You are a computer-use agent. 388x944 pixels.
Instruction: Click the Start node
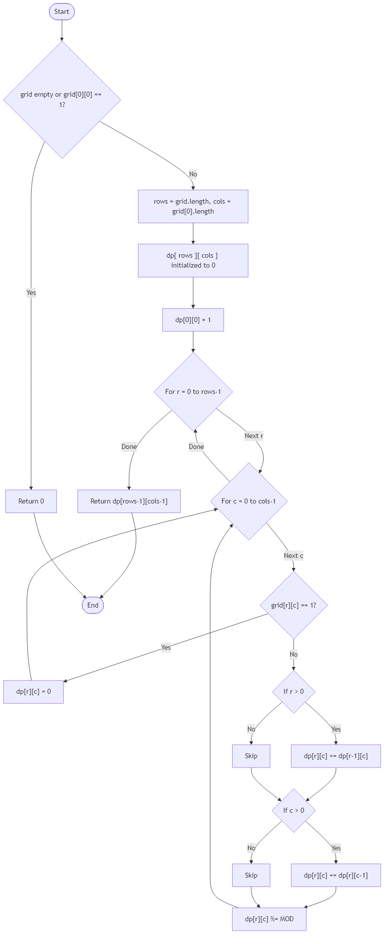coord(62,11)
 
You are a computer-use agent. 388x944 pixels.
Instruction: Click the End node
coord(93,605)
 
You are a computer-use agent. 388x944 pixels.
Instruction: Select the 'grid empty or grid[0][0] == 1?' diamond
coord(62,100)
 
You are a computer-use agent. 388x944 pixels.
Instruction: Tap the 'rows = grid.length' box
coord(193,206)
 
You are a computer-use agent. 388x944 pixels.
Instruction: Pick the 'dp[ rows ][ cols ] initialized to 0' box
coord(193,260)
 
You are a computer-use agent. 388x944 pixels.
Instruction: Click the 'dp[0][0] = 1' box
coord(193,320)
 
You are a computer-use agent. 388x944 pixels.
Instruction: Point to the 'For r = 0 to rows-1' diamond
coord(193,391)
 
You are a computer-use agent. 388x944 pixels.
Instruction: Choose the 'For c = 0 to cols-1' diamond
coord(248,501)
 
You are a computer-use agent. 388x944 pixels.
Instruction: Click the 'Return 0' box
coord(31,501)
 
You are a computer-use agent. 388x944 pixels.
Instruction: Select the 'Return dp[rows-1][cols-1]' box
coord(129,501)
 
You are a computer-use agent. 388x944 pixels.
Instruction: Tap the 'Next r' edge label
coord(253,436)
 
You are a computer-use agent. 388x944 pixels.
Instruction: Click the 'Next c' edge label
coord(293,555)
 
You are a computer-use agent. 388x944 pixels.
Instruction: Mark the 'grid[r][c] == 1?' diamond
coord(293,605)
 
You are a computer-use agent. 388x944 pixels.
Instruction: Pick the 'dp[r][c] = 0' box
coord(34,691)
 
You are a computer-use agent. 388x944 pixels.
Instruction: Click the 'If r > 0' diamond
coord(293,691)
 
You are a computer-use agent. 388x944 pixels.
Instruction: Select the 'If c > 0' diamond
coord(293,810)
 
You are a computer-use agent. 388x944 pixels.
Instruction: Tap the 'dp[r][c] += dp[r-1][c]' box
coord(336,756)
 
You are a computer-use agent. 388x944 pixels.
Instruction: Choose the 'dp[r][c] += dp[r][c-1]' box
coord(336,875)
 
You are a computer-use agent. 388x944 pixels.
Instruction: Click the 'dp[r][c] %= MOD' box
coord(269,919)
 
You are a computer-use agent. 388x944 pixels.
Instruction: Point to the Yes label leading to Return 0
coord(31,293)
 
